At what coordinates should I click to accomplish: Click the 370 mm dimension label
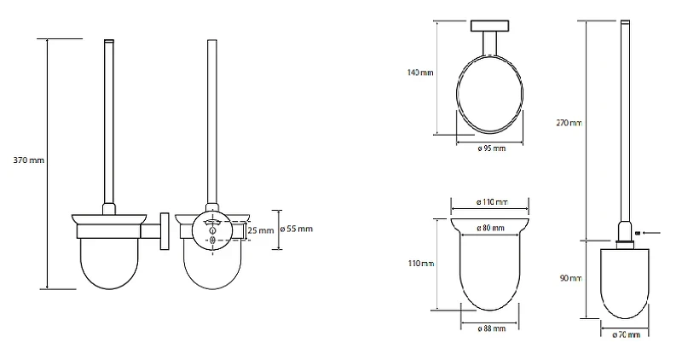pyautogui.click(x=29, y=160)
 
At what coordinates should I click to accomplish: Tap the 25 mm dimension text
pyautogui.click(x=261, y=230)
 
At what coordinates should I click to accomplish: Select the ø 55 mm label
pyautogui.click(x=296, y=229)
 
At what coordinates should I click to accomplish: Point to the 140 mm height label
pyautogui.click(x=420, y=73)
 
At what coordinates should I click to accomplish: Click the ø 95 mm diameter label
pyautogui.click(x=492, y=148)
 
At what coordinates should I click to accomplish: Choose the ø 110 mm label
pyautogui.click(x=492, y=202)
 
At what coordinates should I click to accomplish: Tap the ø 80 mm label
pyautogui.click(x=491, y=228)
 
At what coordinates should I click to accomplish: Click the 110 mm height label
pyautogui.click(x=421, y=264)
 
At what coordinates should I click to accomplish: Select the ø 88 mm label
pyautogui.click(x=492, y=328)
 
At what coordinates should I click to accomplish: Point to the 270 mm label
pyautogui.click(x=569, y=123)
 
